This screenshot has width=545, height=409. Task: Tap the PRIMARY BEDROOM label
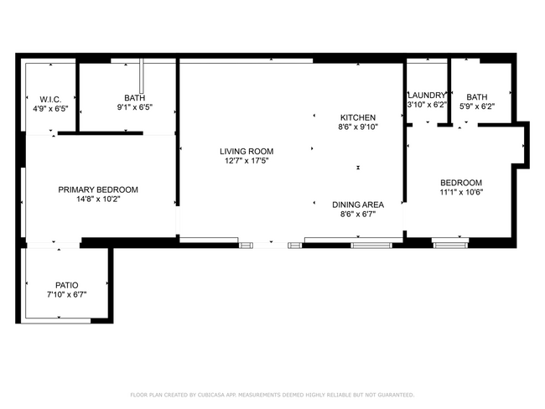tap(98, 189)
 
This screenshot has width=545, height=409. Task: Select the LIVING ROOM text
tap(247, 152)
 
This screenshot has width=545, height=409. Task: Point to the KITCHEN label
tap(357, 117)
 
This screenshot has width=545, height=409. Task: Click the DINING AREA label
tap(358, 204)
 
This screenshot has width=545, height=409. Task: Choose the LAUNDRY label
tap(427, 96)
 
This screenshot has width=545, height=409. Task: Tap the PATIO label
tap(67, 285)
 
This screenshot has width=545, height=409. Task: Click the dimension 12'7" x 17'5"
tap(247, 162)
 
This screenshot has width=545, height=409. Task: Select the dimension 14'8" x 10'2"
tap(98, 199)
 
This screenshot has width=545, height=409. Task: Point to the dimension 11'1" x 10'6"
tap(462, 192)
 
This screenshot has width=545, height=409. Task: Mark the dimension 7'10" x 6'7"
tap(67, 294)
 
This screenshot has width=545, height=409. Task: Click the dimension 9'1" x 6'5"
tap(135, 107)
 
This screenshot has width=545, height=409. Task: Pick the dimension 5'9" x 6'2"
tap(476, 106)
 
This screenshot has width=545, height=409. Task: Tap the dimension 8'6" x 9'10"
tap(357, 127)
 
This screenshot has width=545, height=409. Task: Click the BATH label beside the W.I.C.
tap(135, 98)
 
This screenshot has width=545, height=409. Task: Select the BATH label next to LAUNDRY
tap(476, 96)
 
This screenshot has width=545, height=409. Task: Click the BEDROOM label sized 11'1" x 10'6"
tap(462, 183)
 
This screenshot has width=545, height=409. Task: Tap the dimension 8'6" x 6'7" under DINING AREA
tap(358, 214)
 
